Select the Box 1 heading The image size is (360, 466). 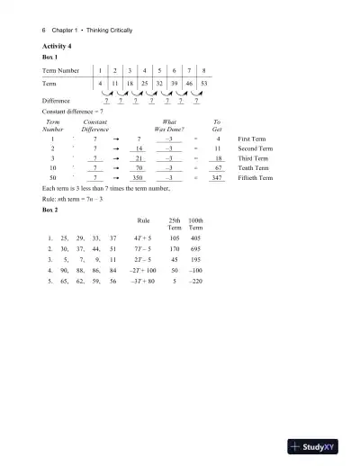click(x=50, y=57)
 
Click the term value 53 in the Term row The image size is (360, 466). click(x=205, y=83)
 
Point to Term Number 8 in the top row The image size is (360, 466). click(x=205, y=69)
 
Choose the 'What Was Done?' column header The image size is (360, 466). click(x=169, y=125)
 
